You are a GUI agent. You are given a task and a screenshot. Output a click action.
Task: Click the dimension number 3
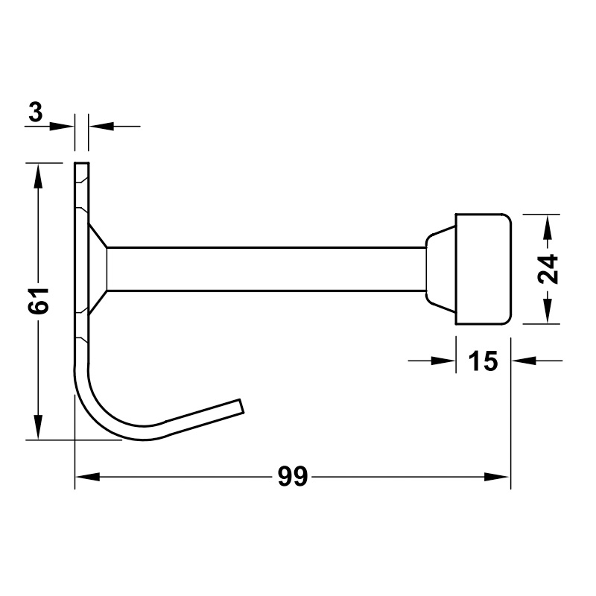tap(35, 112)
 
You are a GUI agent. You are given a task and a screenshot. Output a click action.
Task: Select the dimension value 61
tap(39, 301)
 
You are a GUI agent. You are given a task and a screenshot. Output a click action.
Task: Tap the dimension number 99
tap(292, 476)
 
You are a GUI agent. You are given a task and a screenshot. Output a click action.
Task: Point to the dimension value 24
tap(548, 269)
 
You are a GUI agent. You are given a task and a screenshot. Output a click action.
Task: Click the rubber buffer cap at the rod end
tap(484, 269)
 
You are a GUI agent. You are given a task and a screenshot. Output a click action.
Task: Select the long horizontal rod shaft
tap(266, 269)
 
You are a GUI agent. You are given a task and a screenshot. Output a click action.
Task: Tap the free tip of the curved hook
tap(241, 405)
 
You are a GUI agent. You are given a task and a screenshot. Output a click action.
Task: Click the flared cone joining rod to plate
tap(98, 269)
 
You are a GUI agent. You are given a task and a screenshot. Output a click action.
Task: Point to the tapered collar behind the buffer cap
tap(441, 269)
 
